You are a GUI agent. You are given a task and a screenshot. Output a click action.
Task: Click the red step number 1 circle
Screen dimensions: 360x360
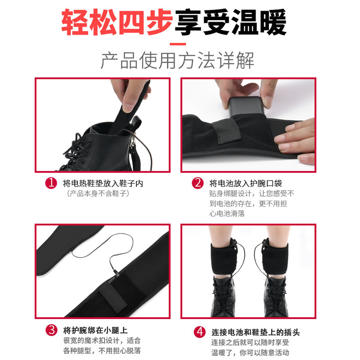point(51,183)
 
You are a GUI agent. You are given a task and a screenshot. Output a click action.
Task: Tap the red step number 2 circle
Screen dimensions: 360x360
point(198,183)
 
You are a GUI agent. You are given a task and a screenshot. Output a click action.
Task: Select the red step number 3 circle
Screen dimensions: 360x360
point(51,330)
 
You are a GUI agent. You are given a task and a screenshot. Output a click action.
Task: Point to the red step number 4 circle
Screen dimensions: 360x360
point(200,332)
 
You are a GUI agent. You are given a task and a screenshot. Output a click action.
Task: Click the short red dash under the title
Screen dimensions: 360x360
point(178,44)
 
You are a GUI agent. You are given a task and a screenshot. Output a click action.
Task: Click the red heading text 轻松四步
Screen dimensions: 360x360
point(117,22)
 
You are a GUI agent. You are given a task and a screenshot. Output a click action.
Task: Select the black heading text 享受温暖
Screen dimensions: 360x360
point(231,22)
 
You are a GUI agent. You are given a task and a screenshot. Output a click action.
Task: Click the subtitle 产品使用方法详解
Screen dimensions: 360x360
point(177,60)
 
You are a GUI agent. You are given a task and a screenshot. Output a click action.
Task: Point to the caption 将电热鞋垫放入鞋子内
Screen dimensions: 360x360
point(103,184)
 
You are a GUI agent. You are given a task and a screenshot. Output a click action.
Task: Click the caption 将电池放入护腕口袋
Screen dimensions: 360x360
point(246,183)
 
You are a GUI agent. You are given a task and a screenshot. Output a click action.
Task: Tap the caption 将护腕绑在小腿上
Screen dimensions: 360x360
point(95,330)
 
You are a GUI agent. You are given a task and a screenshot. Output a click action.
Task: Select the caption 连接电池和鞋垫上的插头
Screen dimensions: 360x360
point(256,332)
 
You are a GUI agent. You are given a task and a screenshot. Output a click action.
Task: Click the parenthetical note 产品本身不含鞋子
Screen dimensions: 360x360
point(98,193)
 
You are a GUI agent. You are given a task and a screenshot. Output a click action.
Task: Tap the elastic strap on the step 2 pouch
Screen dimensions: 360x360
point(227,131)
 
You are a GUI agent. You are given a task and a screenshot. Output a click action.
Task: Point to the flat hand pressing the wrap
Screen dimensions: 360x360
point(295,140)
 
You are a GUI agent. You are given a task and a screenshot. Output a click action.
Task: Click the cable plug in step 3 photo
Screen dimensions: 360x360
point(116,273)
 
